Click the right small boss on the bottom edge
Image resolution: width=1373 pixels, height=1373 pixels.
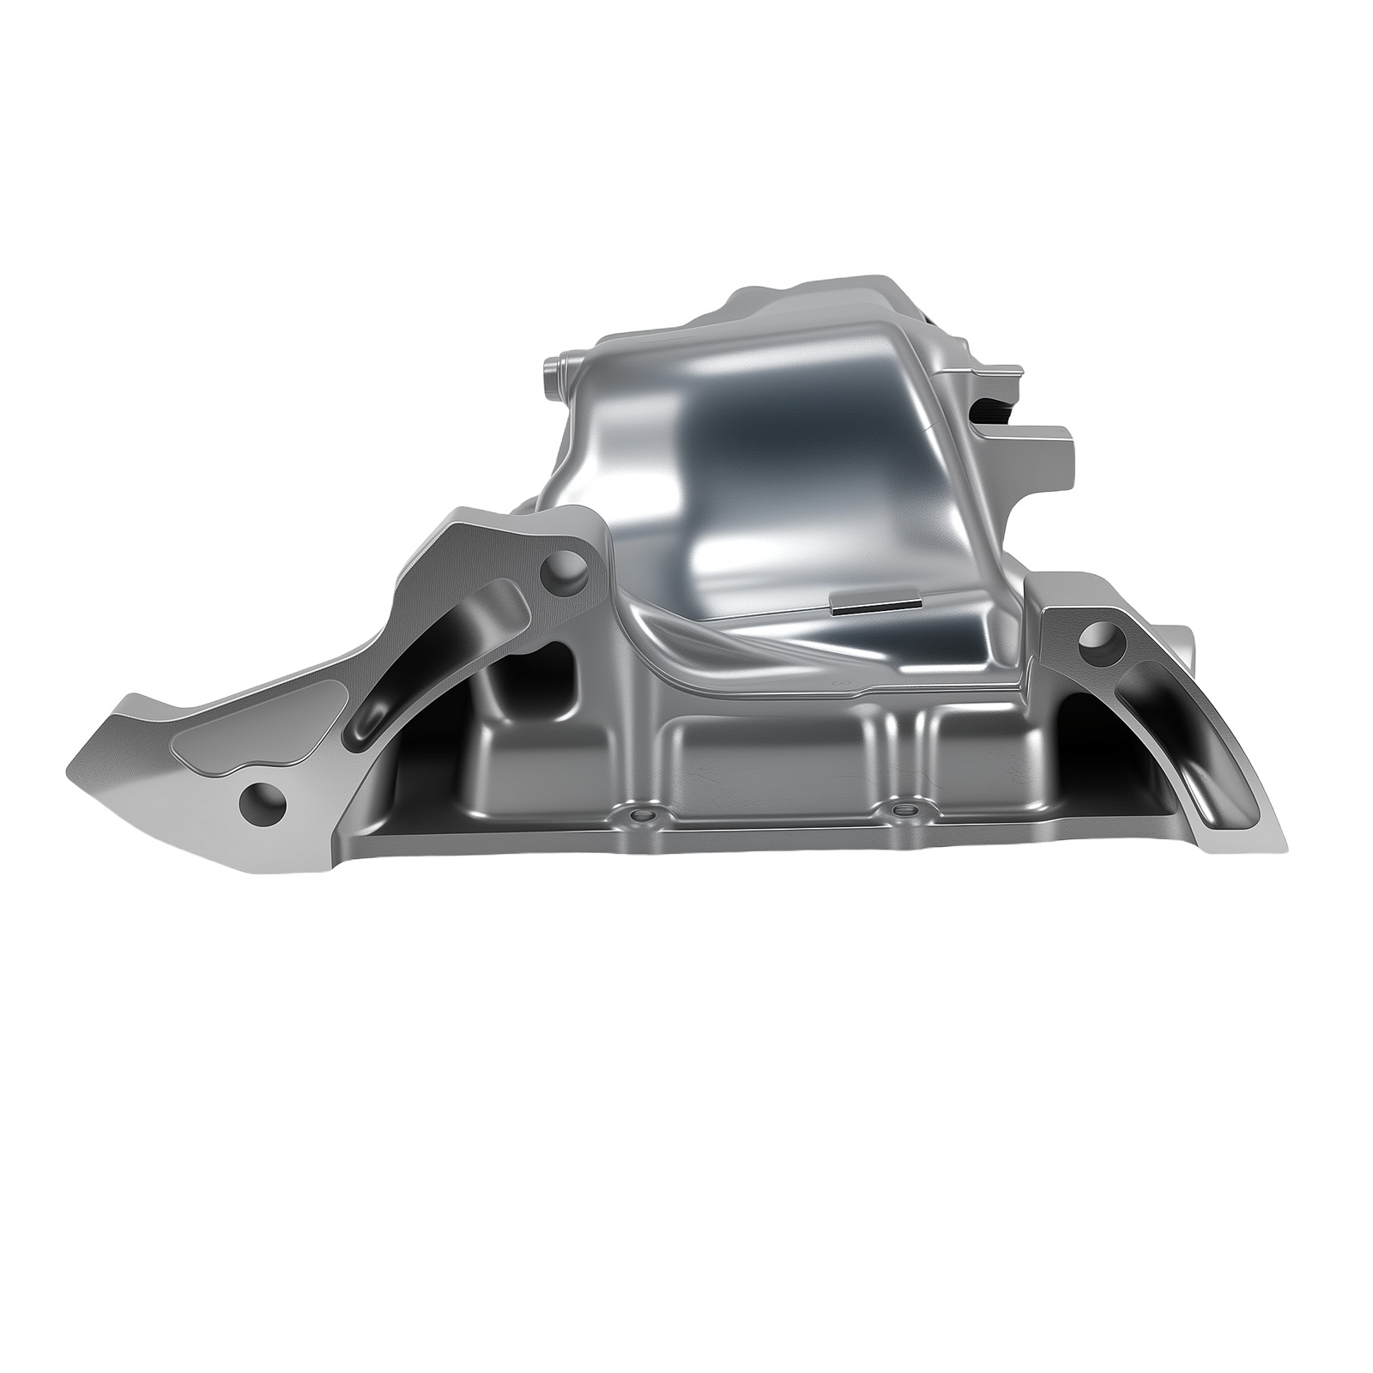tap(900, 808)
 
